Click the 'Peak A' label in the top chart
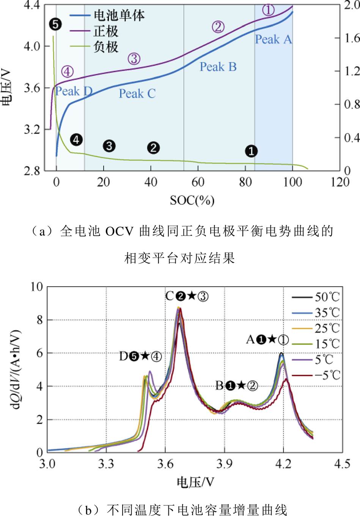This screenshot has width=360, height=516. tap(273, 39)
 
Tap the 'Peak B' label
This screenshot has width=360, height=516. tap(218, 67)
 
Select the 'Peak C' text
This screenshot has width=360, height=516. tap(137, 94)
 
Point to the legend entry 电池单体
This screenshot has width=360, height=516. tap(119, 15)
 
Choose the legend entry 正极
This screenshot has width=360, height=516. tap(106, 31)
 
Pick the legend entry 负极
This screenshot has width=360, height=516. tap(106, 47)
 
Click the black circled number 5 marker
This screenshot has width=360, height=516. tap(55, 25)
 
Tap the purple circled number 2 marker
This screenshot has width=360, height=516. tap(218, 27)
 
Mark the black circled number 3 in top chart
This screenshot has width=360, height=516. tap(109, 146)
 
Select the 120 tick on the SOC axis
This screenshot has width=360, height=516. tap(340, 182)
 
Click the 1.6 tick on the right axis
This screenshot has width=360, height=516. tap(352, 38)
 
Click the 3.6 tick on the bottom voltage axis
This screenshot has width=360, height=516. tap(165, 464)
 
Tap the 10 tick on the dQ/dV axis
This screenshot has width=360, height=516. tap(37, 286)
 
